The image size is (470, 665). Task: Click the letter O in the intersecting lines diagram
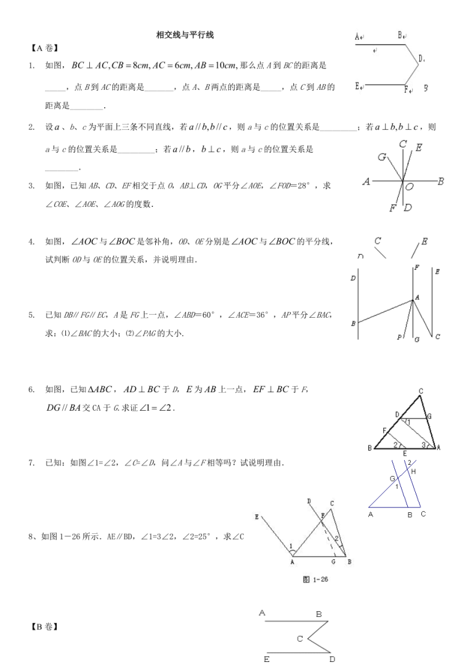tap(410, 186)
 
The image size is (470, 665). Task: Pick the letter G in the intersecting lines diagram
tap(382, 158)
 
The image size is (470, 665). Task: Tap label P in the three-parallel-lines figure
tap(400, 337)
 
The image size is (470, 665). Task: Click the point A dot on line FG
tap(413, 300)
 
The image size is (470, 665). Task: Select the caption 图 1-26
tap(315, 578)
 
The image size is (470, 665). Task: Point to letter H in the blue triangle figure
tap(413, 471)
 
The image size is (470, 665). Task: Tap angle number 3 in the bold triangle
tap(423, 444)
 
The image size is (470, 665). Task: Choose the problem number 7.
tap(31, 462)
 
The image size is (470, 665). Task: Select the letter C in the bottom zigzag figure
tap(300, 639)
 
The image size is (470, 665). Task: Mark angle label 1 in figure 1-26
tap(291, 546)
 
